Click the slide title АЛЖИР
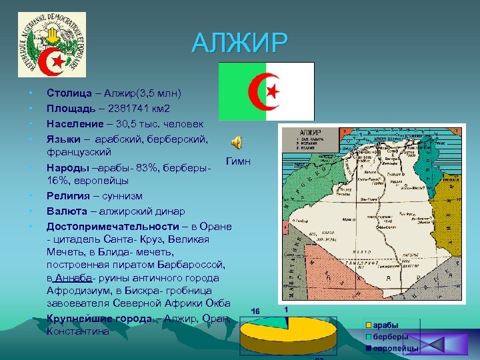240,43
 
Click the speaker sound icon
236,141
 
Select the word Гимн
238,161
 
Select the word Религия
69,195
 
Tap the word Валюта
67,211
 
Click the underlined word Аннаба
74,277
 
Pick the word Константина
77,331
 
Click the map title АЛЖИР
311,133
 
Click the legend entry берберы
390,337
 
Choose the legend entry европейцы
395,348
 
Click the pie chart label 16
255,311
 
